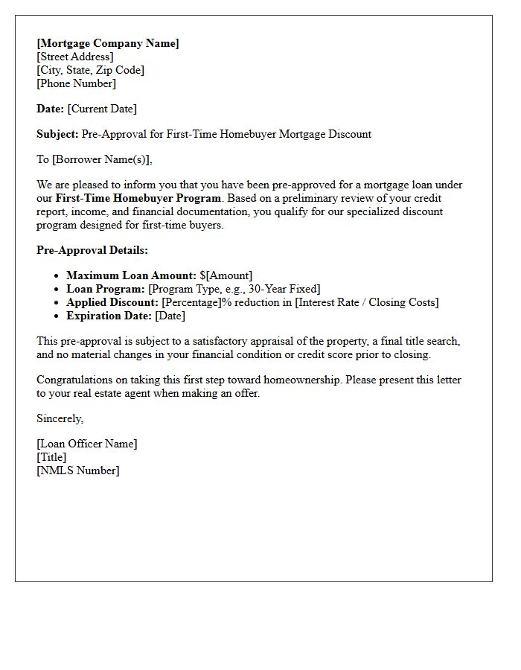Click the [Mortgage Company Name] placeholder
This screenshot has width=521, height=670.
pyautogui.click(x=108, y=43)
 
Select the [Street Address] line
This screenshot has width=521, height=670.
pyautogui.click(x=75, y=57)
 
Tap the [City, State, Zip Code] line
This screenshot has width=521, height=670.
pyautogui.click(x=90, y=70)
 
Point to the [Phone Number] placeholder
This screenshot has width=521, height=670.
pyautogui.click(x=76, y=83)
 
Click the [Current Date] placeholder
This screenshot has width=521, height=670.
pyautogui.click(x=102, y=109)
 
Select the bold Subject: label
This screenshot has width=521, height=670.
pyautogui.click(x=57, y=134)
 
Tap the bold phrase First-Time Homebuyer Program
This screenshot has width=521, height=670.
pyautogui.click(x=138, y=198)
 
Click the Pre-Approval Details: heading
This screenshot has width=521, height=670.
pyautogui.click(x=92, y=250)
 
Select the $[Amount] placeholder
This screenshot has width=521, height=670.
pyautogui.click(x=226, y=275)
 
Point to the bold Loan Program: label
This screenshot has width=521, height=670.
pyautogui.click(x=106, y=289)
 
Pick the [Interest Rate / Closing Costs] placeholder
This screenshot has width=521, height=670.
pyautogui.click(x=366, y=302)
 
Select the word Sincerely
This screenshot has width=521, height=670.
pyautogui.click(x=60, y=418)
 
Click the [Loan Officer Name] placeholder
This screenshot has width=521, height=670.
pyautogui.click(x=87, y=444)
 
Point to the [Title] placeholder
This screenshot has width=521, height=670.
pyautogui.click(x=51, y=457)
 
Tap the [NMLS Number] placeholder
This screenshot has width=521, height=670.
pyautogui.click(x=77, y=470)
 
